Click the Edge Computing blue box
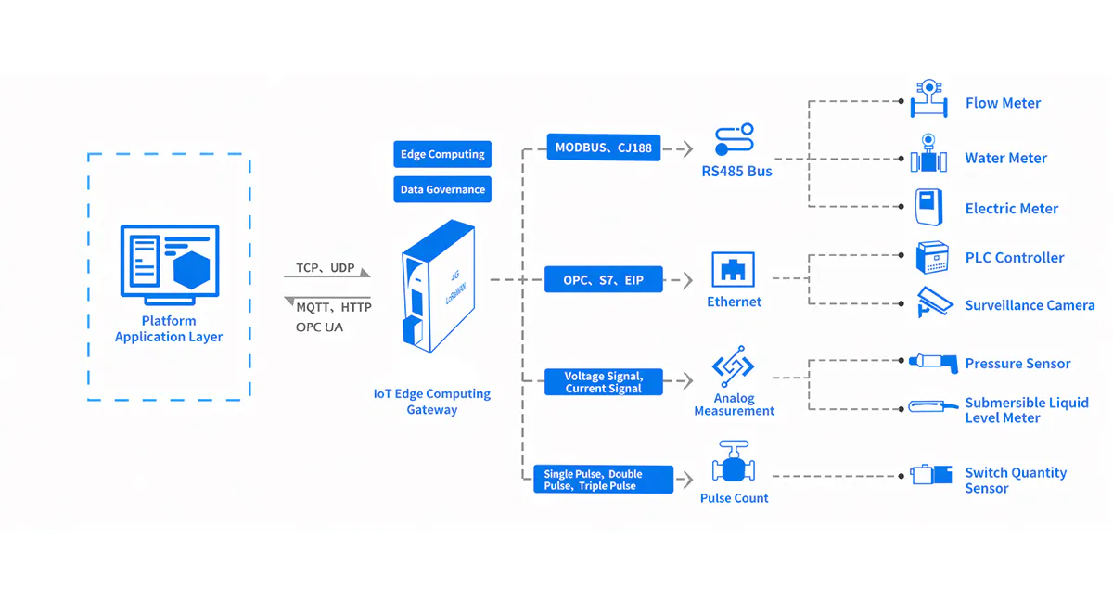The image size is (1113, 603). pyautogui.click(x=442, y=154)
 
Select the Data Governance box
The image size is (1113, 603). pyautogui.click(x=442, y=189)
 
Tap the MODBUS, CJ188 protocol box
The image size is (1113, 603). pyautogui.click(x=604, y=148)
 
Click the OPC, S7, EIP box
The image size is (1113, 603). pyautogui.click(x=604, y=279)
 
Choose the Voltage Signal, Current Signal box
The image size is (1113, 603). pyautogui.click(x=604, y=382)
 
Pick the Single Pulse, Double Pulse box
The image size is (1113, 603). pyautogui.click(x=604, y=480)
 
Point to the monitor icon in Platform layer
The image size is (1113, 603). pyautogui.click(x=170, y=263)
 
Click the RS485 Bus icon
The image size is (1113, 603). pyautogui.click(x=735, y=141)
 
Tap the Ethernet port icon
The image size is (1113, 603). pyautogui.click(x=734, y=270)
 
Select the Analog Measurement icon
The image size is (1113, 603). pyautogui.click(x=733, y=366)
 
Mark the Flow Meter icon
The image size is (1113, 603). pyautogui.click(x=927, y=99)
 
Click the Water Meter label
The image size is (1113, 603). pyautogui.click(x=1005, y=159)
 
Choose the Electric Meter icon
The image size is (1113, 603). pyautogui.click(x=927, y=207)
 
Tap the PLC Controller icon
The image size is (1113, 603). pyautogui.click(x=930, y=258)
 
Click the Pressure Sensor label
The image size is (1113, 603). pyautogui.click(x=1017, y=364)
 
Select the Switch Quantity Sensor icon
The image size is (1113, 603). pyautogui.click(x=931, y=475)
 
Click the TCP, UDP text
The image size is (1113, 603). pyautogui.click(x=326, y=268)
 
